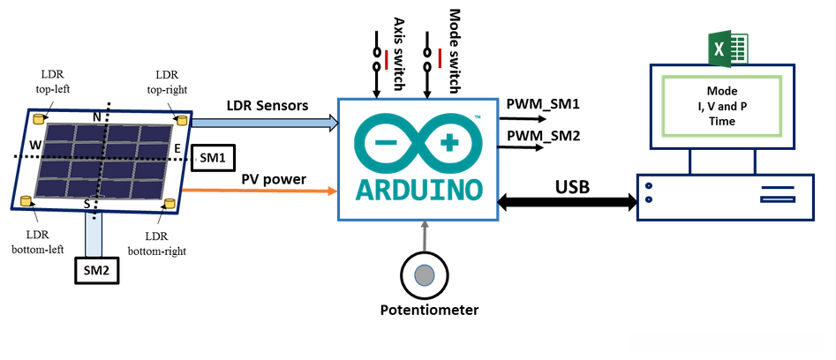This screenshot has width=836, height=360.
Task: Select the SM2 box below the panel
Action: click(x=95, y=270)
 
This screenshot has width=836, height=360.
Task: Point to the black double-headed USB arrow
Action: click(x=567, y=202)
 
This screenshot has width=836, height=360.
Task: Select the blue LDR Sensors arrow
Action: click(x=265, y=123)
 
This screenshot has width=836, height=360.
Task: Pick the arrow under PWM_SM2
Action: click(x=521, y=148)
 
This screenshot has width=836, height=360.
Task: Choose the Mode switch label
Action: click(x=455, y=41)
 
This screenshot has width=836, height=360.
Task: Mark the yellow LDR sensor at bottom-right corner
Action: click(x=168, y=205)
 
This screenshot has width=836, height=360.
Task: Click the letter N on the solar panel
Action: click(x=98, y=116)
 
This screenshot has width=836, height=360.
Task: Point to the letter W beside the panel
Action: click(x=35, y=144)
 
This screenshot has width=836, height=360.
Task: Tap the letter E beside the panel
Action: click(x=177, y=149)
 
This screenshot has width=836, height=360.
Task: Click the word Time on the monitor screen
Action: click(x=721, y=122)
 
